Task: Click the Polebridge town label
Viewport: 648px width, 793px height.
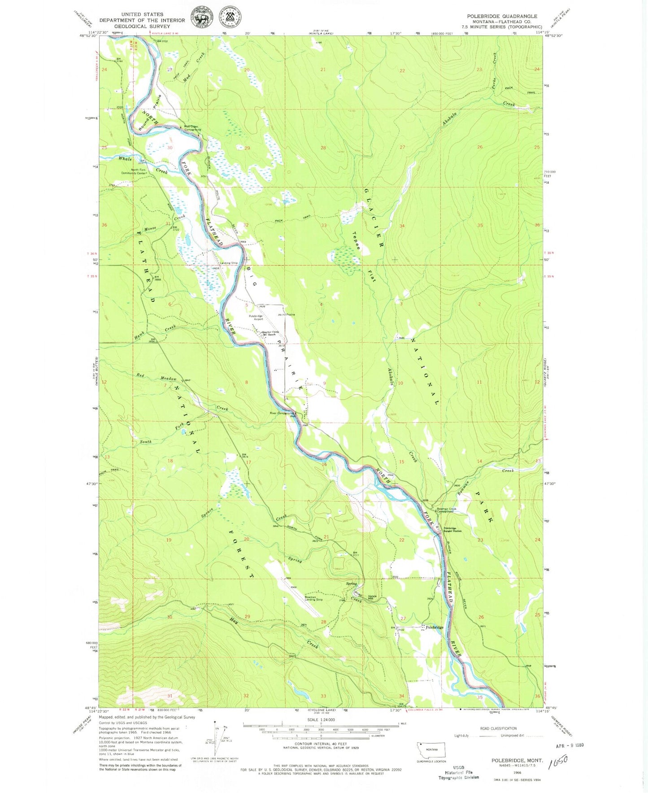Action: click(x=434, y=627)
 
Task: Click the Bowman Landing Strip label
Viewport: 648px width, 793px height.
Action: click(x=313, y=598)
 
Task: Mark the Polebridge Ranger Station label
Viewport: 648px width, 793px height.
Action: click(x=452, y=530)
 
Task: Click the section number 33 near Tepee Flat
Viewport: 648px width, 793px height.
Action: click(x=323, y=226)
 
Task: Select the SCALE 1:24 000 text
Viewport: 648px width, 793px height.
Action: click(x=321, y=719)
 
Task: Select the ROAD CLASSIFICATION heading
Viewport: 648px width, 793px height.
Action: click(x=498, y=728)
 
